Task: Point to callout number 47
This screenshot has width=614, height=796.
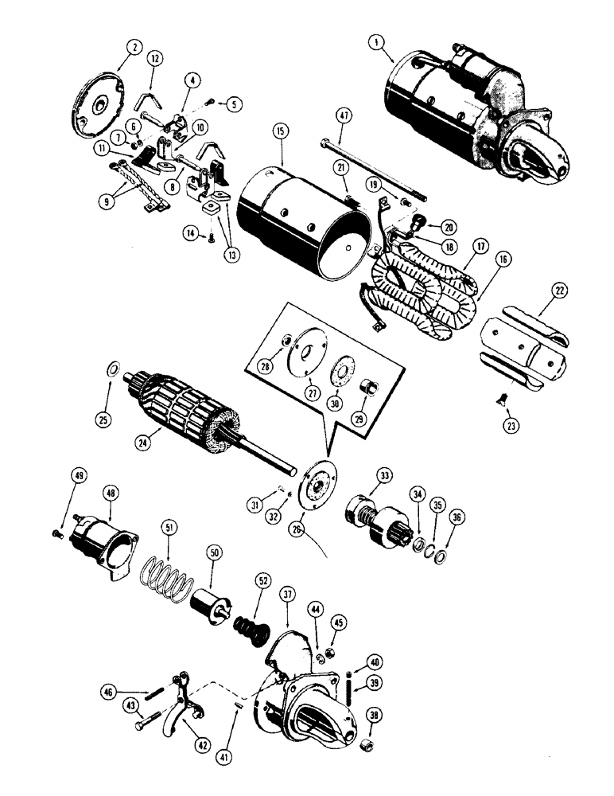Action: (344, 117)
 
